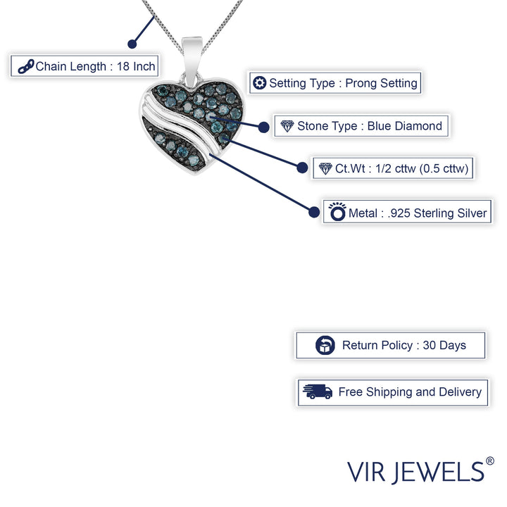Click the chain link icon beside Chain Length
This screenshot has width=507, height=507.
[x=26, y=67]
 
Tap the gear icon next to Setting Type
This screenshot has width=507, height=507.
[x=260, y=83]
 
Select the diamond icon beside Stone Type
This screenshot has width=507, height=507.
[x=287, y=127]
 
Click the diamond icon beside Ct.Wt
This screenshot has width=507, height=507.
[x=325, y=169]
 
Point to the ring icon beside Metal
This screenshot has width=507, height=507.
[x=337, y=211]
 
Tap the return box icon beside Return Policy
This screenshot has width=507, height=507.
[x=325, y=346]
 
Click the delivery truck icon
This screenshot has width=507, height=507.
[x=317, y=392]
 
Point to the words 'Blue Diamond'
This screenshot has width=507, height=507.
[x=405, y=127]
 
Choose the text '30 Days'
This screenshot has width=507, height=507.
[x=444, y=346]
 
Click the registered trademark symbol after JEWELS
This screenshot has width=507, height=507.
[x=490, y=461]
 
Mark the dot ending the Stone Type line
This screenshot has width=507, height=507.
[x=263, y=127]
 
